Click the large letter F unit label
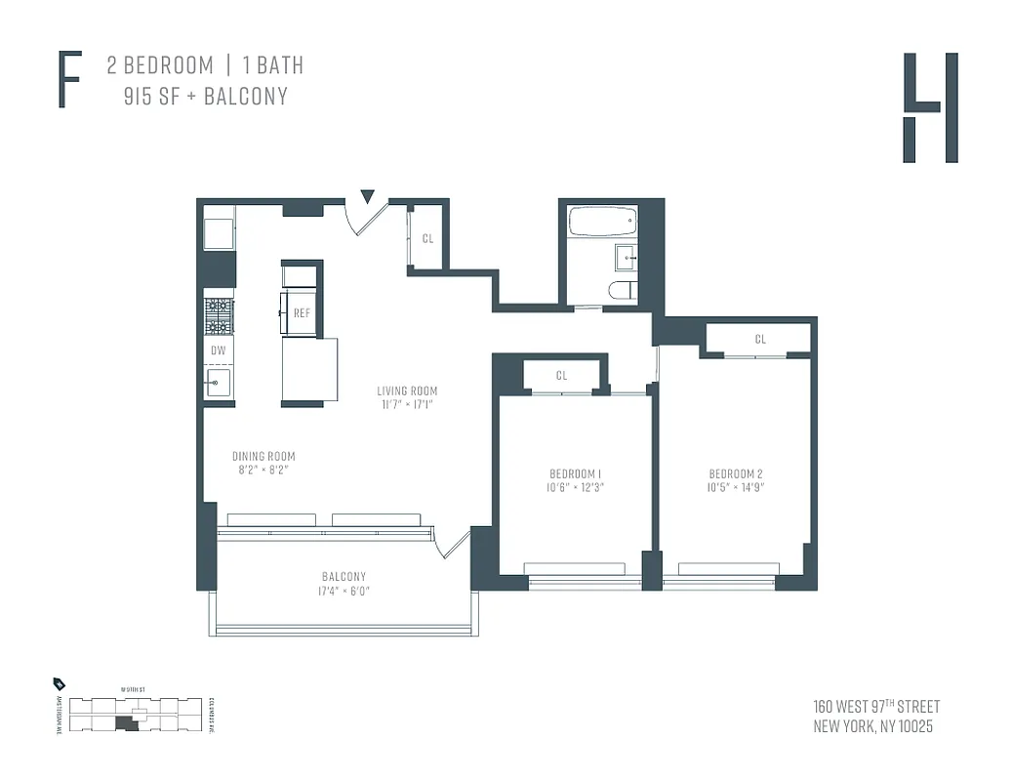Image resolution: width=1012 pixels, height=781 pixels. pyautogui.click(x=69, y=81)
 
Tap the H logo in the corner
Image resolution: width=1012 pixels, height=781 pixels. pyautogui.click(x=929, y=107)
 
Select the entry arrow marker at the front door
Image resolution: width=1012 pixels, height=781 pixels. pyautogui.click(x=367, y=197)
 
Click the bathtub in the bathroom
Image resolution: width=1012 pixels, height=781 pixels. pyautogui.click(x=601, y=222)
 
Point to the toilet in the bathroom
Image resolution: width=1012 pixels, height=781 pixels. pyautogui.click(x=622, y=290)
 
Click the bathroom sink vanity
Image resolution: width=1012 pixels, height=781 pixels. pyautogui.click(x=626, y=258)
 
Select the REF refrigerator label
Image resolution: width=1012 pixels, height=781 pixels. pyautogui.click(x=302, y=313)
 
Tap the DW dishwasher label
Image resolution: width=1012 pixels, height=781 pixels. pyautogui.click(x=218, y=349)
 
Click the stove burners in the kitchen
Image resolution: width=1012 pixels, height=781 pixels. pyautogui.click(x=219, y=315)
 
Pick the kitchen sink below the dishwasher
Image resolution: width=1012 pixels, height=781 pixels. pyautogui.click(x=218, y=384)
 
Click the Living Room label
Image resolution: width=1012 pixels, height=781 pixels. pyautogui.click(x=407, y=391)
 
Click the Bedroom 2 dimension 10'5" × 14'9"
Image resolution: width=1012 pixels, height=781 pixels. pyautogui.click(x=735, y=487)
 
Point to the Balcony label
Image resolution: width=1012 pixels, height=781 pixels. pyautogui.click(x=344, y=576)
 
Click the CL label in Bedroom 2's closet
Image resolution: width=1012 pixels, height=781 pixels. pyautogui.click(x=759, y=340)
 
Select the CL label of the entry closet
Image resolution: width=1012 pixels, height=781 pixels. pyautogui.click(x=427, y=238)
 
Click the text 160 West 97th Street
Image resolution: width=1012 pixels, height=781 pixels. pyautogui.click(x=875, y=707)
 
